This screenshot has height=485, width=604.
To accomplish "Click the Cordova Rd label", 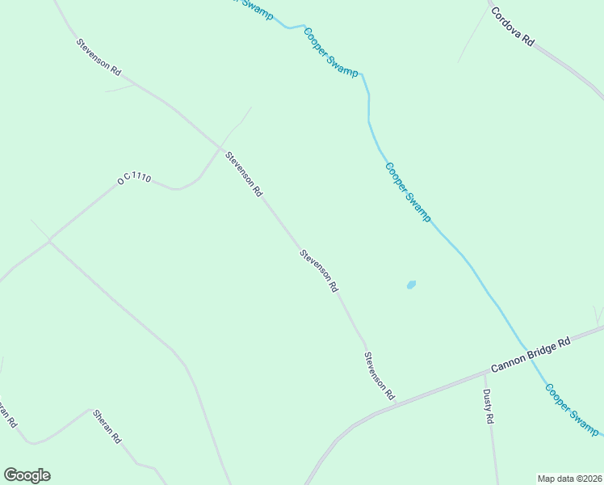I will [513, 27].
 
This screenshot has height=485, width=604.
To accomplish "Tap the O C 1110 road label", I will [134, 179].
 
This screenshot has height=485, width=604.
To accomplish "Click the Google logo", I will [27, 475].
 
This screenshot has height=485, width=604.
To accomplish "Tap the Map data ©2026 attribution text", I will [568, 478].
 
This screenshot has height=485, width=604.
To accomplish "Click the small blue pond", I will [411, 285].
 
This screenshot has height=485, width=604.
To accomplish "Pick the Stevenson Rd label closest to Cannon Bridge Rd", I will [379, 376].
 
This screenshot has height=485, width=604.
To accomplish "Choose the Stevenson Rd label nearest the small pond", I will [318, 270].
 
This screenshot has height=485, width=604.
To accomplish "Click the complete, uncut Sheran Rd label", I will [107, 426].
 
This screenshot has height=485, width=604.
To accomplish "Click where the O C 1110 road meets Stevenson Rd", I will [221, 147].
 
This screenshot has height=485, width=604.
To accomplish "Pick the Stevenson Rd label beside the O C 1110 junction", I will [244, 175].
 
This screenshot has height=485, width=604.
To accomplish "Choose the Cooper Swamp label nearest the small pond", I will [408, 192].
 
